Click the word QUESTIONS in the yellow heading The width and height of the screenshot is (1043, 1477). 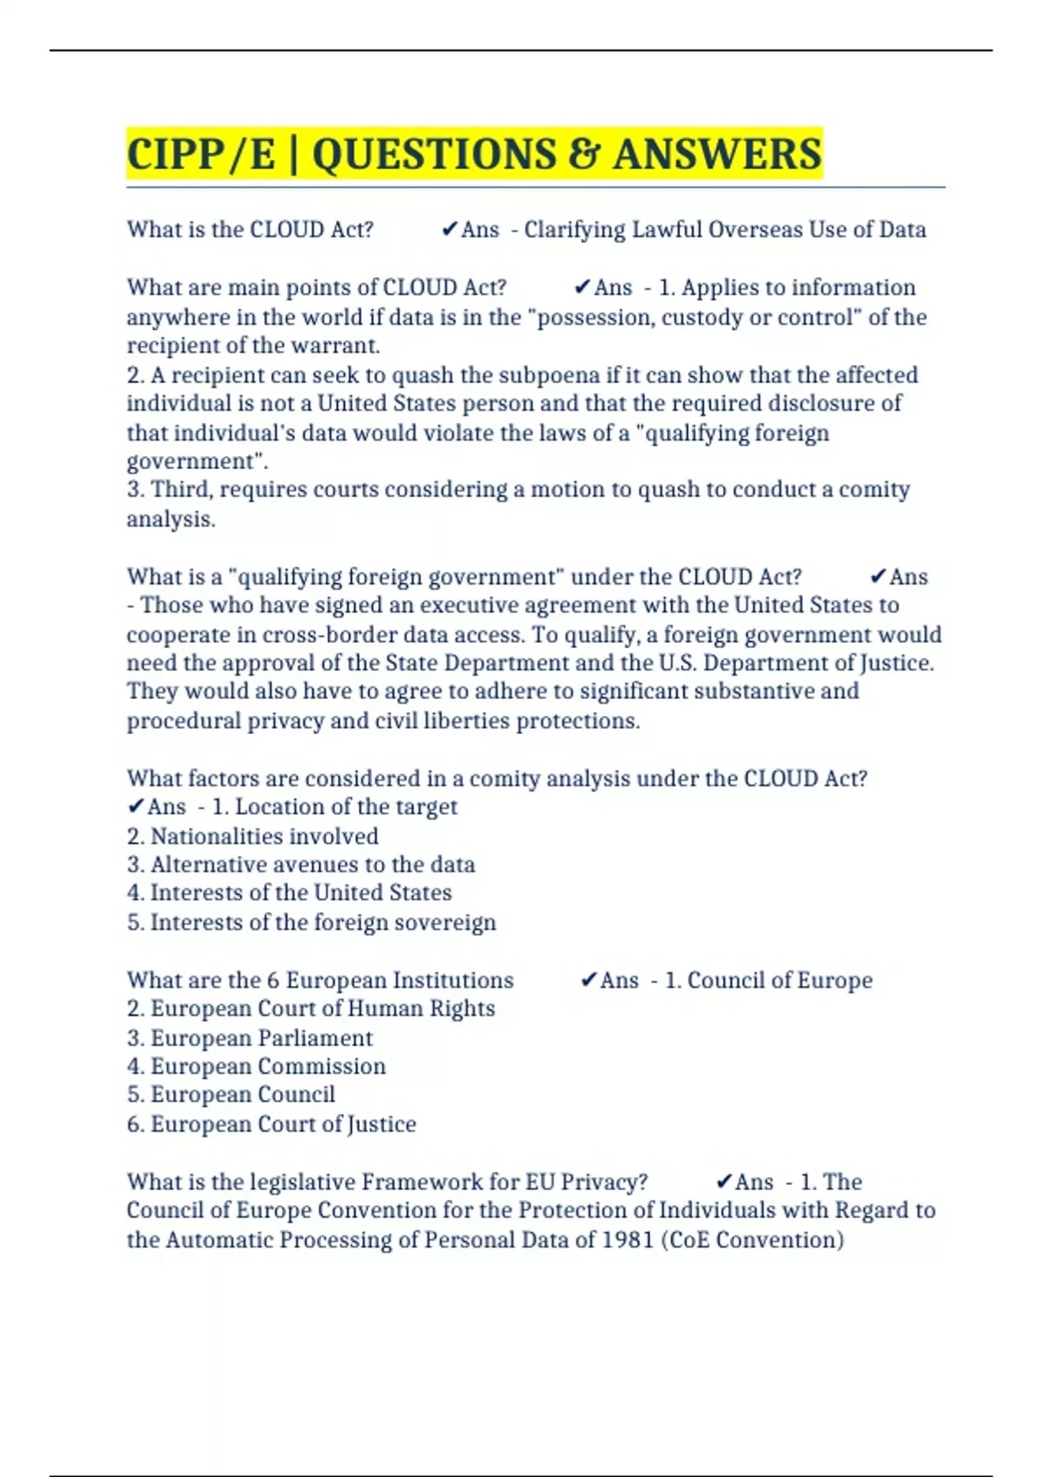point(434,155)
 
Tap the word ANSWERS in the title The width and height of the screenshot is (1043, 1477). point(717,155)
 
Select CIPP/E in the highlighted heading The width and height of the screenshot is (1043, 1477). point(201,155)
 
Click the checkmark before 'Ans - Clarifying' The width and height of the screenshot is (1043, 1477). point(449,229)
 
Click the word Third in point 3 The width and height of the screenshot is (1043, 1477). point(182,489)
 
